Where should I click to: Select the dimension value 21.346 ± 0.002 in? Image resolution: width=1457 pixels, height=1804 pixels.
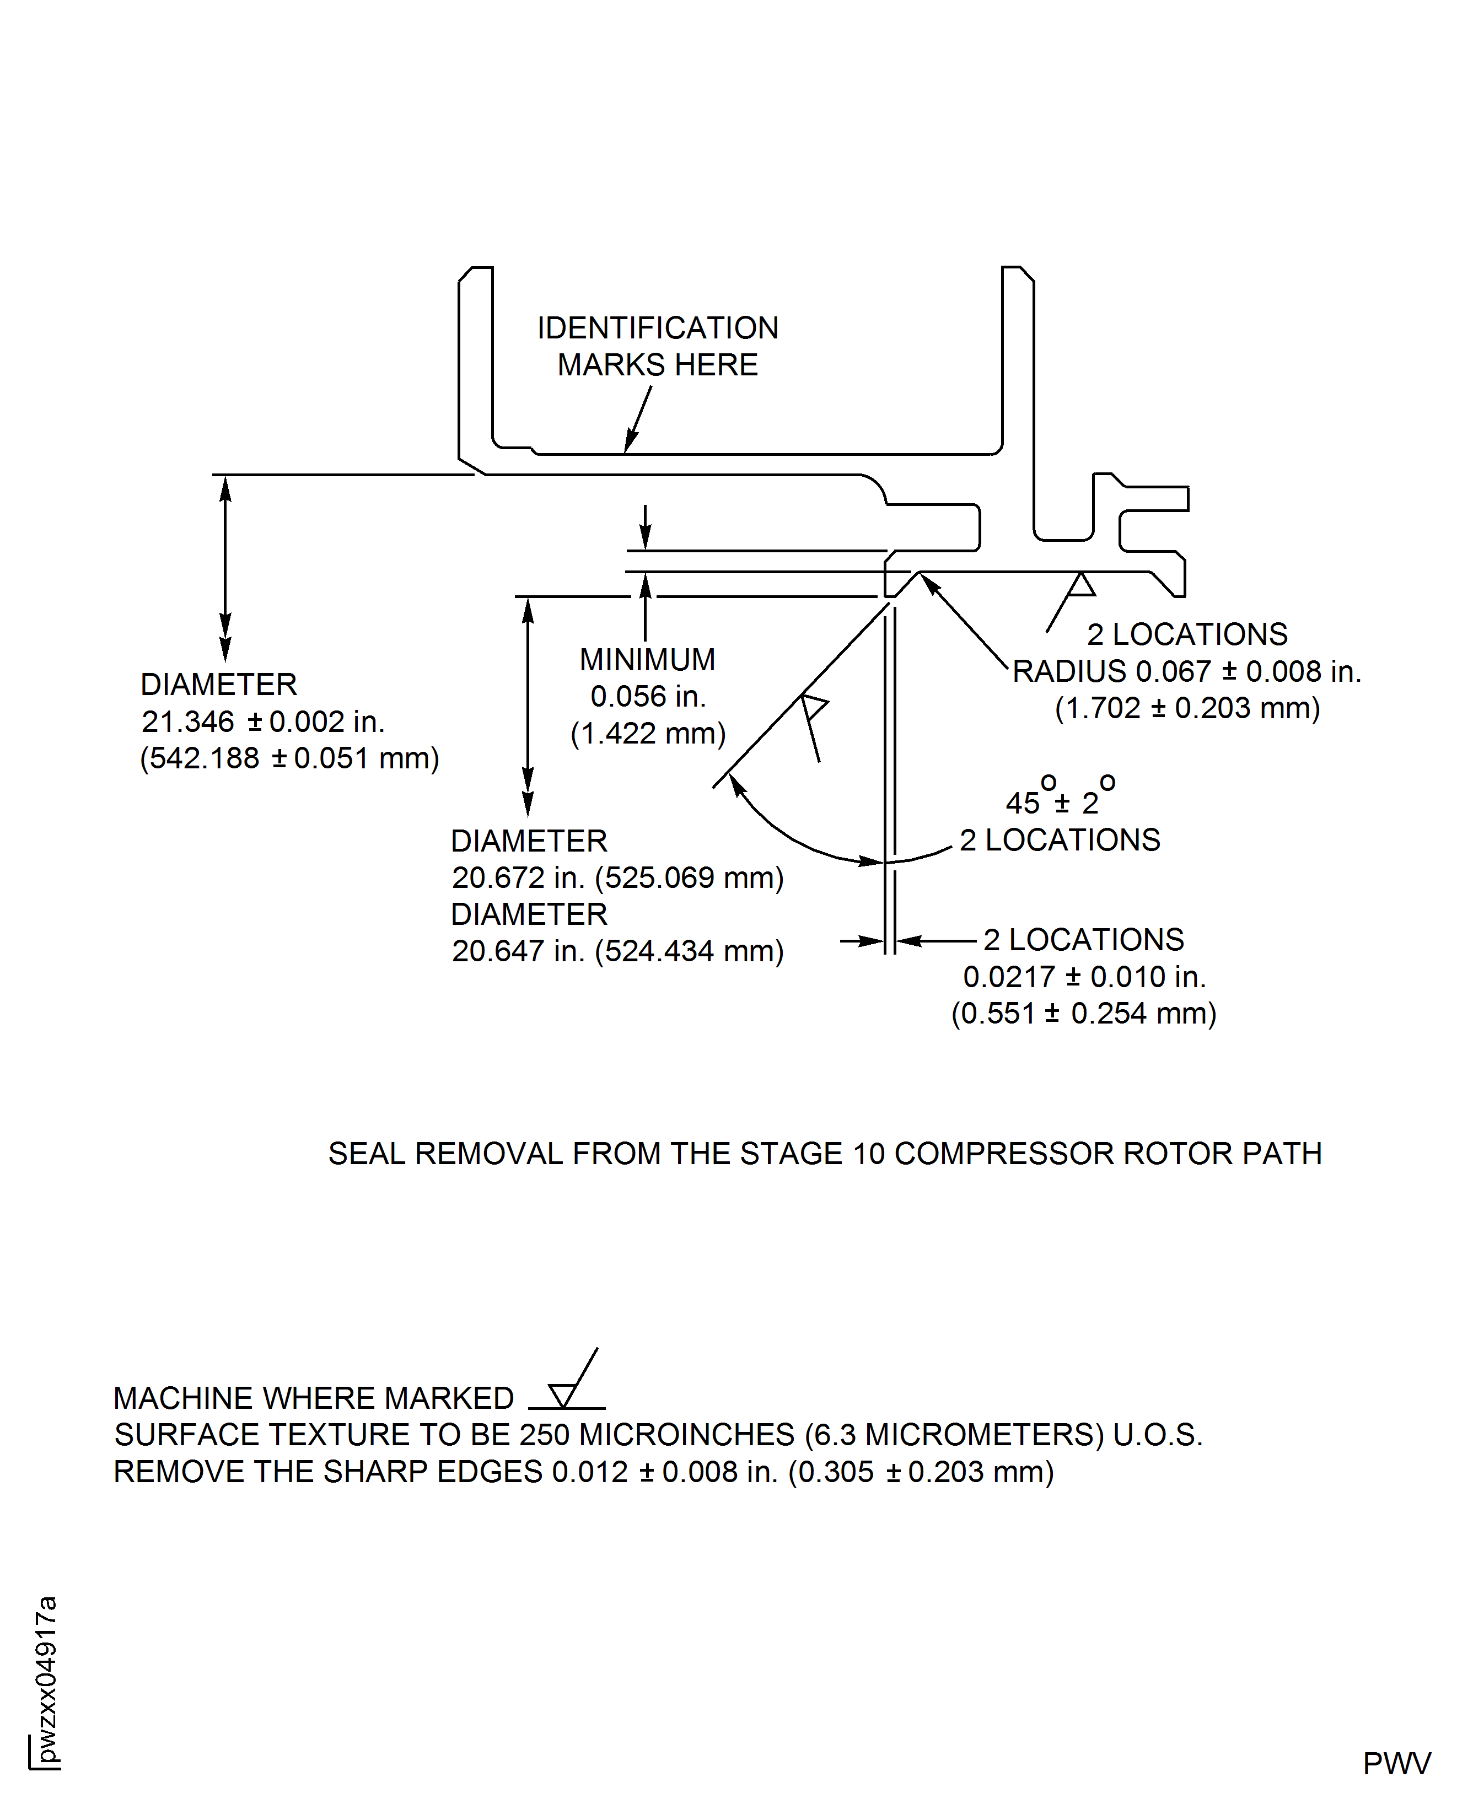tap(262, 721)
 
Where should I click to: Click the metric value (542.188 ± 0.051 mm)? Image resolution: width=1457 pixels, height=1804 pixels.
tap(289, 758)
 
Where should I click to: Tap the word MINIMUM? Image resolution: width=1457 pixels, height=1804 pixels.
tap(647, 660)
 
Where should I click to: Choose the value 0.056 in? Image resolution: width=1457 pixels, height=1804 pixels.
tap(647, 697)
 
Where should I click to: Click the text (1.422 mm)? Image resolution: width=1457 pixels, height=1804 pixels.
tap(647, 734)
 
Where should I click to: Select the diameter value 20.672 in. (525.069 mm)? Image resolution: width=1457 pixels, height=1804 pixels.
tap(617, 877)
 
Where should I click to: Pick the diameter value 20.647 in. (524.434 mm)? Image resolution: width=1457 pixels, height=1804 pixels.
tap(617, 951)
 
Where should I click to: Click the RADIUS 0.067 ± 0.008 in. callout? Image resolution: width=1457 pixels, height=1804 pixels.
tap(1186, 671)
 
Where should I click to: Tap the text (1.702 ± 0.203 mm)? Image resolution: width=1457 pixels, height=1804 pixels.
tap(1187, 708)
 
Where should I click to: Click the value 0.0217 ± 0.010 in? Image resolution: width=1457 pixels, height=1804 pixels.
tap(1084, 977)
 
